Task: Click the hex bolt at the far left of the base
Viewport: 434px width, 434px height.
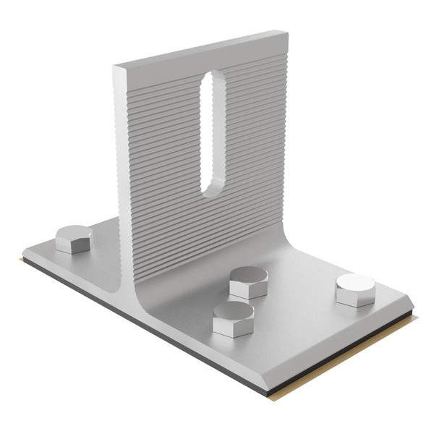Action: (x=74, y=239)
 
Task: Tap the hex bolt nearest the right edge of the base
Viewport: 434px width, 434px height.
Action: (x=355, y=290)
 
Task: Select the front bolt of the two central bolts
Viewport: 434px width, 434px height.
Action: (x=233, y=319)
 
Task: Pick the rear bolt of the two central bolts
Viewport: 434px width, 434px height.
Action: (x=248, y=282)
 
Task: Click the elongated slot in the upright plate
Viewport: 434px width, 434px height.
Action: (x=213, y=134)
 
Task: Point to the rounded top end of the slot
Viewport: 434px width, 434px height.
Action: (x=213, y=77)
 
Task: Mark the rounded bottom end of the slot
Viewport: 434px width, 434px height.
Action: (x=212, y=190)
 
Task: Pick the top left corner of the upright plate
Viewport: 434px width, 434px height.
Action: (x=116, y=67)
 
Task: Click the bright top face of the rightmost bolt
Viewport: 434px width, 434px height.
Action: (x=355, y=282)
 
